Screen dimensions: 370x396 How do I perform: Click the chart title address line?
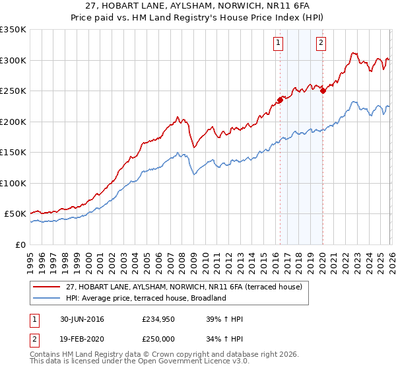198,7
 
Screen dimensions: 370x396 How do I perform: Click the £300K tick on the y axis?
13,60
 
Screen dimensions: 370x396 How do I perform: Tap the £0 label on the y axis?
20,244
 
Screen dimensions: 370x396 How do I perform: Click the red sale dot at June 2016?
280,100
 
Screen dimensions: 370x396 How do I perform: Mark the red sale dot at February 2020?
323,91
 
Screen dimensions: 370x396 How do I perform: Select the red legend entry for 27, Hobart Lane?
184,287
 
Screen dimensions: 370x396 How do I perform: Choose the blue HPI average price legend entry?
146,298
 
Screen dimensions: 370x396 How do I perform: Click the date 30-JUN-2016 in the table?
82,319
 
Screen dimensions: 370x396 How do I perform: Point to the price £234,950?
156,319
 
